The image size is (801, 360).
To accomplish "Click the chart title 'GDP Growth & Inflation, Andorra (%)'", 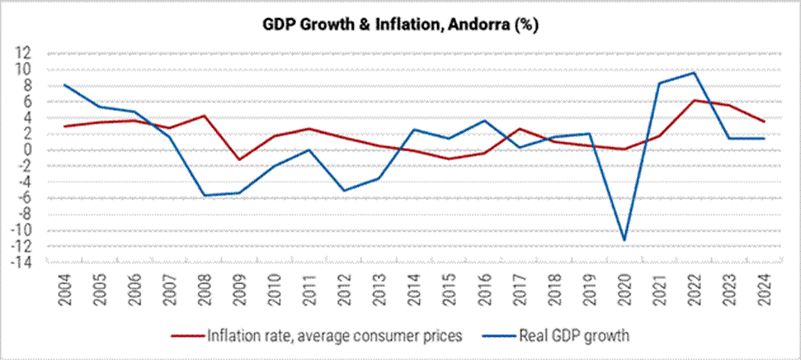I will pyautogui.click(x=400, y=26).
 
